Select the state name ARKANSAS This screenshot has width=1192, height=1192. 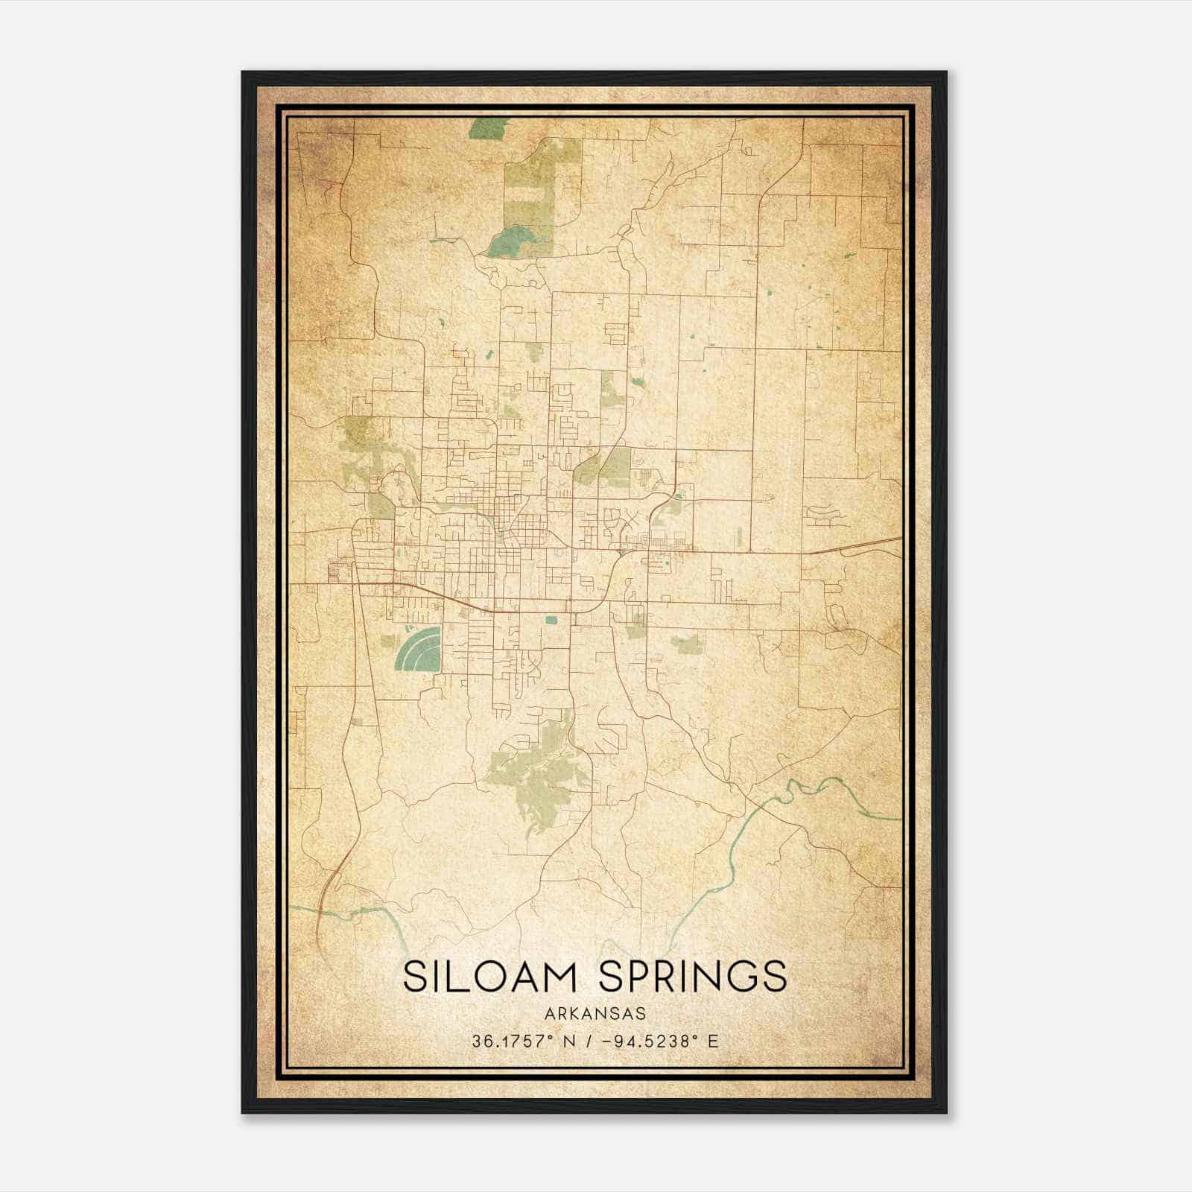tap(595, 1014)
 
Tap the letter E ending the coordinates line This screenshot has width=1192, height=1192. tap(714, 1042)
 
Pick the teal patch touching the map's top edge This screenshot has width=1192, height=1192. tap(486, 129)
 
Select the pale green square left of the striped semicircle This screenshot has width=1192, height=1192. tap(387, 640)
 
